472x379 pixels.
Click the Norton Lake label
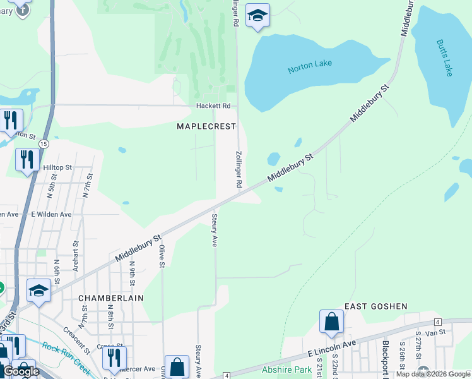(x=310, y=66)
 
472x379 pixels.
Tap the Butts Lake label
(x=444, y=58)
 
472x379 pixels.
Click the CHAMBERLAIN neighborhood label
(x=111, y=298)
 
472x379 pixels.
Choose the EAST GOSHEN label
(x=376, y=306)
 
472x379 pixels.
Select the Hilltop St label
(x=57, y=167)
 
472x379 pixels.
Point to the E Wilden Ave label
(x=51, y=215)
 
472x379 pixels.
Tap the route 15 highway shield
(x=43, y=144)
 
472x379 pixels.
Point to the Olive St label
(x=162, y=256)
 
